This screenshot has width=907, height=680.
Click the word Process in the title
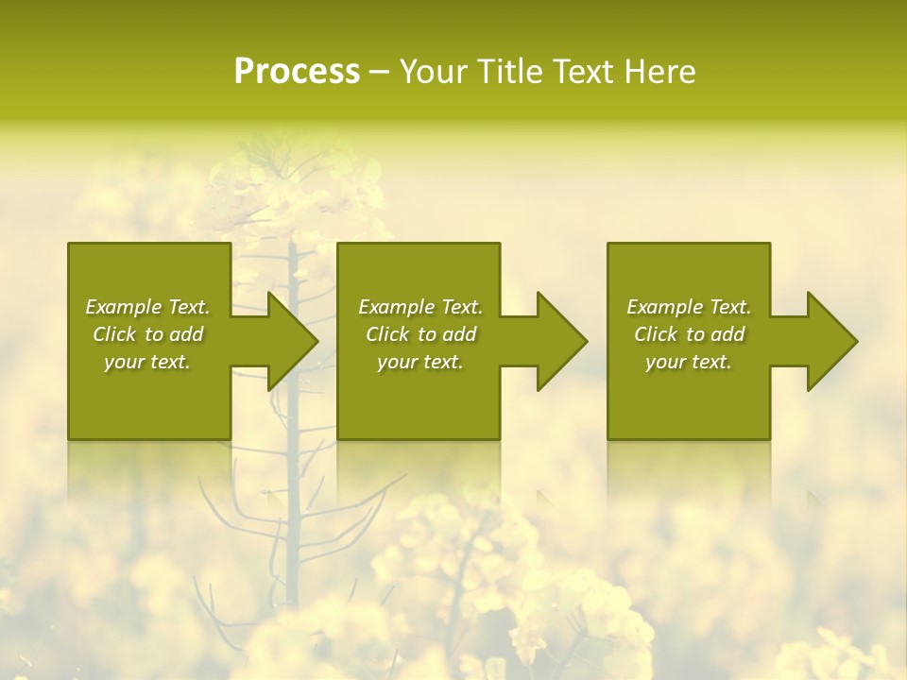297,72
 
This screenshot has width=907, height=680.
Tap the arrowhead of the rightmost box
831,341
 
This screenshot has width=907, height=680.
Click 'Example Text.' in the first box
147,307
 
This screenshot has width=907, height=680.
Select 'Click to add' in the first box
147,334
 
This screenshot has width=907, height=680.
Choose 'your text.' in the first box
147,362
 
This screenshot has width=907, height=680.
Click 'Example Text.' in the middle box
420,307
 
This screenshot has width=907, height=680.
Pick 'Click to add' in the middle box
420,334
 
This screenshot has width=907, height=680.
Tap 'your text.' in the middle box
420,362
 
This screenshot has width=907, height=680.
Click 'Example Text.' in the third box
689,307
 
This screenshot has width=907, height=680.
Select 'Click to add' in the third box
689,334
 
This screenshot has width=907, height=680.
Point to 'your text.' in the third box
689,362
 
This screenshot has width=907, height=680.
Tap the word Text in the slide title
584,72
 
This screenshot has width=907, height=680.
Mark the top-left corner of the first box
69,245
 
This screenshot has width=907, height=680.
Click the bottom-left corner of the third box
608,438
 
